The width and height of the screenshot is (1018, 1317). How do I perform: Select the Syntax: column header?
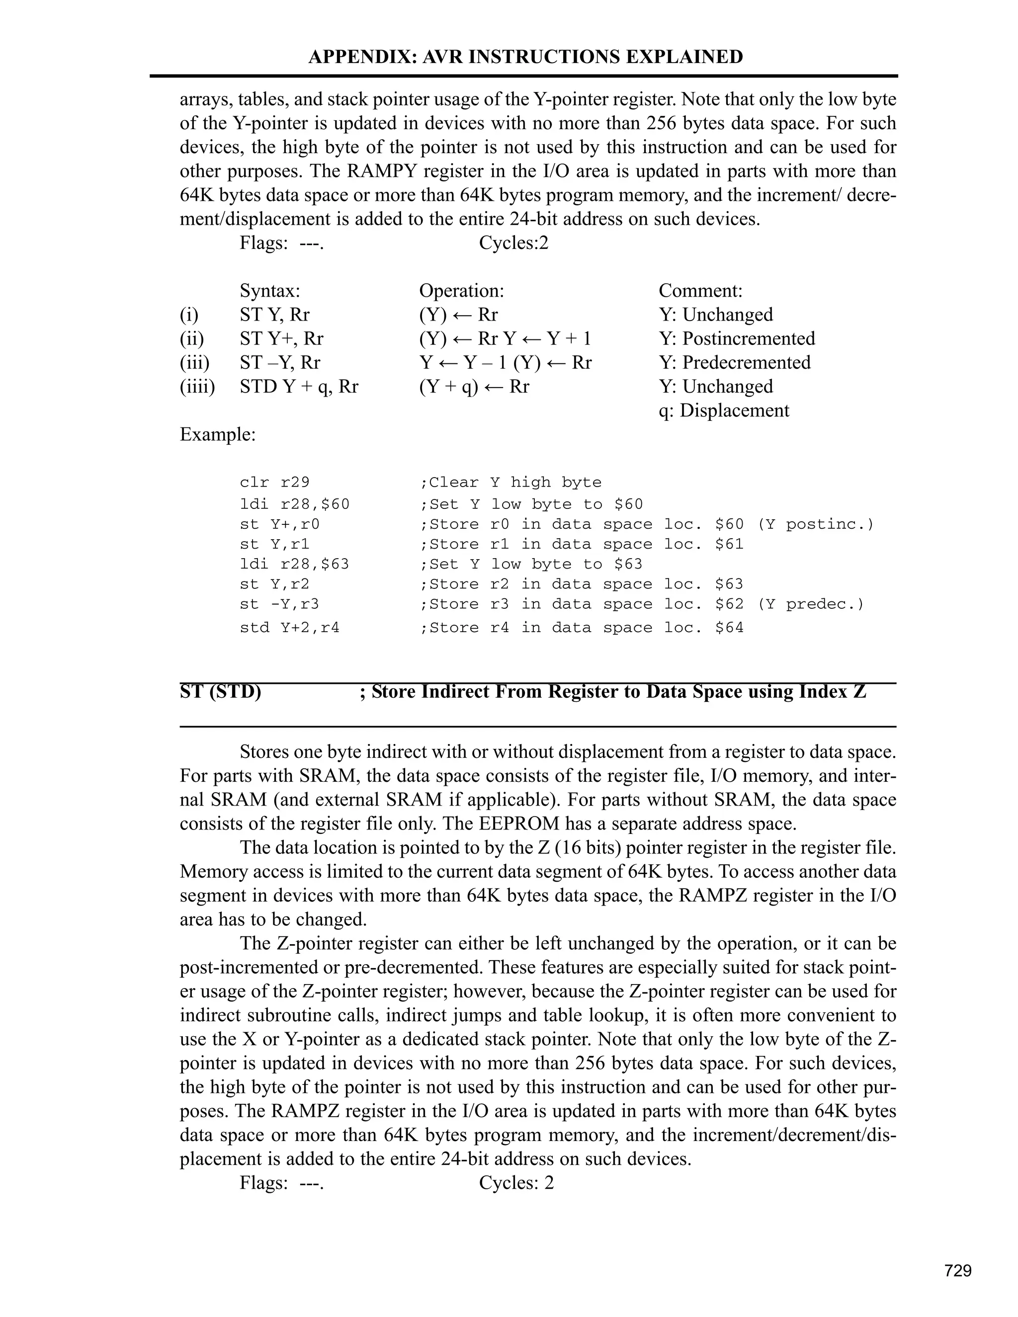point(269,291)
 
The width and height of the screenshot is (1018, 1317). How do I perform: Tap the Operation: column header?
point(461,291)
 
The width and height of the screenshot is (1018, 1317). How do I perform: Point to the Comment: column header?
point(700,291)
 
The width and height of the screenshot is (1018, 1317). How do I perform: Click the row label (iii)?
point(194,362)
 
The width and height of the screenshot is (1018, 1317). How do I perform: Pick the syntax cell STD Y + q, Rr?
point(299,387)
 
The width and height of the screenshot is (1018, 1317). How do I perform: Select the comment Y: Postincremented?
point(736,338)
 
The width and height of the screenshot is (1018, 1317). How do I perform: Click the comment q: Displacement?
point(723,411)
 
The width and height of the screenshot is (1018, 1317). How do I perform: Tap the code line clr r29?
point(274,483)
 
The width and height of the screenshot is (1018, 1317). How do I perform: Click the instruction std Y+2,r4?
point(289,628)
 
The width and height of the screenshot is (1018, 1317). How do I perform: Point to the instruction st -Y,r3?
point(279,604)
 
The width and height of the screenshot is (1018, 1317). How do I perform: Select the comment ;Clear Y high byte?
point(510,483)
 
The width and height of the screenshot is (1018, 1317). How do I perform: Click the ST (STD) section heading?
point(220,692)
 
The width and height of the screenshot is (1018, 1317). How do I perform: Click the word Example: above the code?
point(217,434)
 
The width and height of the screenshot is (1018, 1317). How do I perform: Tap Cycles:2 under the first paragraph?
point(513,243)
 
